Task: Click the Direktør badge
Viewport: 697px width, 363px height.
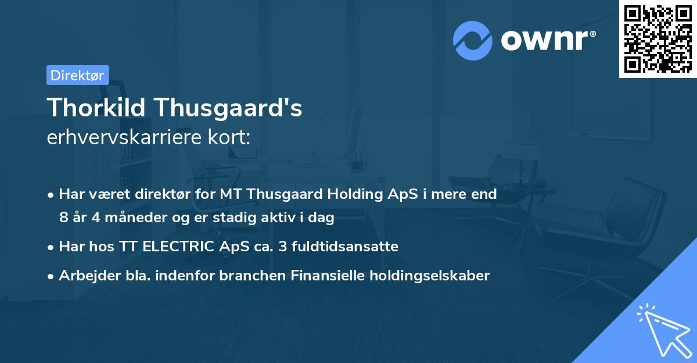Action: pyautogui.click(x=77, y=75)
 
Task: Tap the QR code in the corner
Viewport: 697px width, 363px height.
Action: pyautogui.click(x=658, y=39)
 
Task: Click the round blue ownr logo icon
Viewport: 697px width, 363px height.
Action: pyautogui.click(x=472, y=41)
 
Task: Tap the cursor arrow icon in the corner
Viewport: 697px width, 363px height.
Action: pyautogui.click(x=662, y=329)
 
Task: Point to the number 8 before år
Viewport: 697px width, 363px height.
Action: pyautogui.click(x=63, y=218)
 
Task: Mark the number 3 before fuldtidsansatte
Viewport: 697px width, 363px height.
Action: pyautogui.click(x=283, y=247)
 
